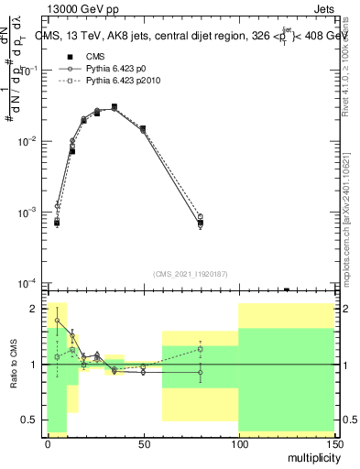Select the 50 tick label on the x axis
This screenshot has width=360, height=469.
pos(143,442)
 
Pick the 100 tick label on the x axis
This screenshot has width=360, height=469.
pos(238,442)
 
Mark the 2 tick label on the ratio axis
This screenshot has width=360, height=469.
pos(35,309)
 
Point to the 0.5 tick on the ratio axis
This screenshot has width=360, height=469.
pos(31,420)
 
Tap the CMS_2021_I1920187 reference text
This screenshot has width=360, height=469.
pos(191,274)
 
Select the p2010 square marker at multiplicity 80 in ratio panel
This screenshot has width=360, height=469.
pos(201,349)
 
